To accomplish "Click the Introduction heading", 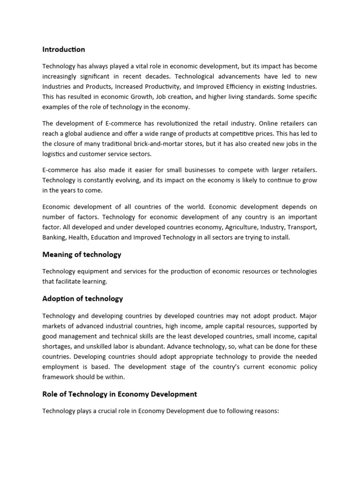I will point(64,49).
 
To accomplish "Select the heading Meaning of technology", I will point(82,255).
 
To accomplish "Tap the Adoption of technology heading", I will point(82,299).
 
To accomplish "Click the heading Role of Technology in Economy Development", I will point(120,394).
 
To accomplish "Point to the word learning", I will point(94,282).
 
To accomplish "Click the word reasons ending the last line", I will point(264,411).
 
